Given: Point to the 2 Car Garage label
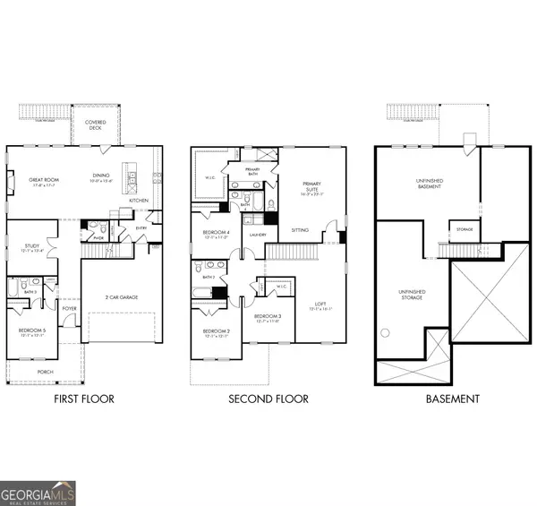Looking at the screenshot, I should [x=119, y=297].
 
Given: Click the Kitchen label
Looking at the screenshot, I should [x=139, y=200].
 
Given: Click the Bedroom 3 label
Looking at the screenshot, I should [x=267, y=318].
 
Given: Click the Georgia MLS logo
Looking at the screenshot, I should [x=38, y=493].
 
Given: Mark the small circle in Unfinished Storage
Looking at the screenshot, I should [x=388, y=332].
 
